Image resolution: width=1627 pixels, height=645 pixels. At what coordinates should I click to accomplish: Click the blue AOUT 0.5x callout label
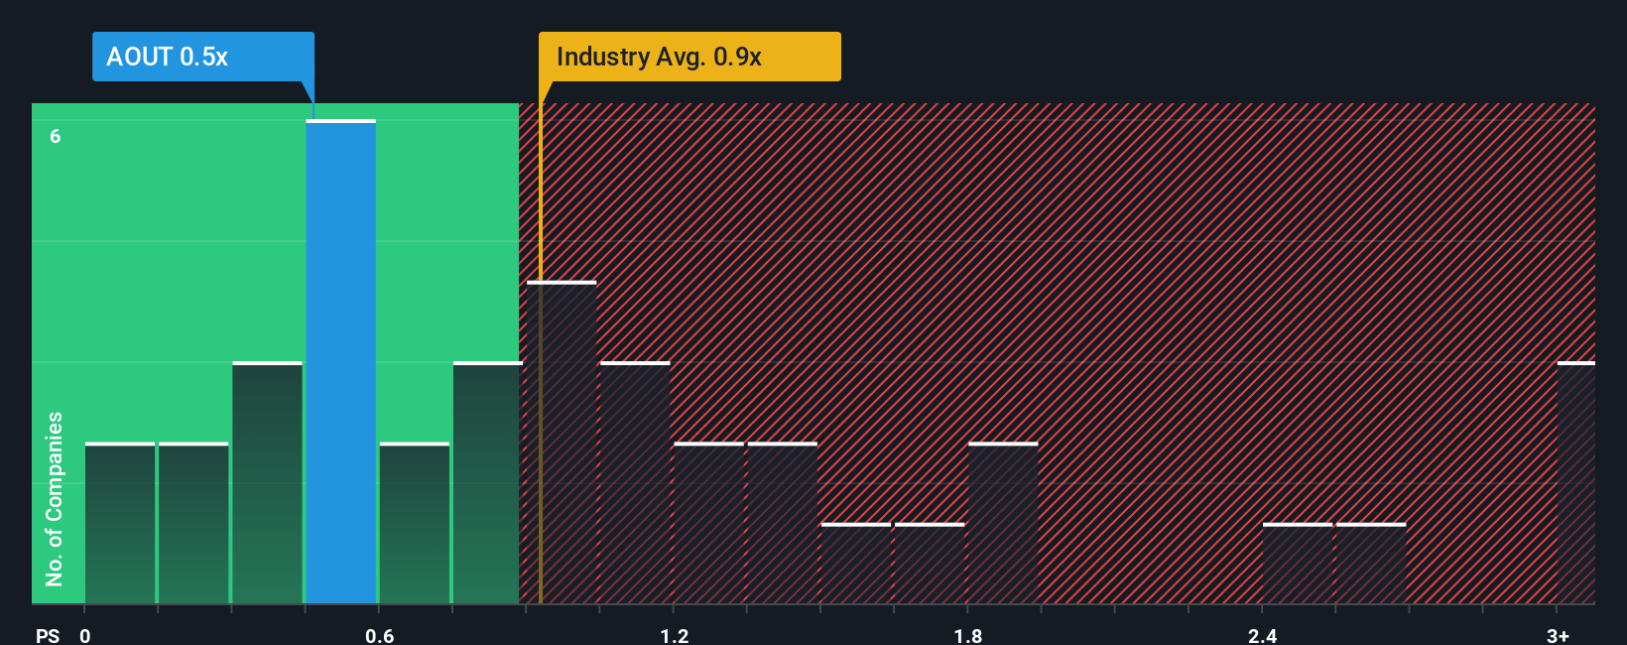pyautogui.click(x=202, y=57)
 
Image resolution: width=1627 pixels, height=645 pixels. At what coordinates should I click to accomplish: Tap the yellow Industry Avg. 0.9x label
pyautogui.click(x=688, y=57)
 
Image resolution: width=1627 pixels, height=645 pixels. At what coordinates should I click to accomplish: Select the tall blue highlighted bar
pyautogui.click(x=340, y=362)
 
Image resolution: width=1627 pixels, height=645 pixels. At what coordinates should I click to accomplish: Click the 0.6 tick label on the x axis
pyautogui.click(x=379, y=635)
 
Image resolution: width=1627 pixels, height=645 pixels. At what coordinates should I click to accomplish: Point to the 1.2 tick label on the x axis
pyautogui.click(x=674, y=635)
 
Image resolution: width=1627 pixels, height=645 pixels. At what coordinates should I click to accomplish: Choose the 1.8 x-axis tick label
pyautogui.click(x=967, y=635)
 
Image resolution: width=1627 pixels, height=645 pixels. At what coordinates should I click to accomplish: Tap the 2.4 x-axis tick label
pyautogui.click(x=1262, y=635)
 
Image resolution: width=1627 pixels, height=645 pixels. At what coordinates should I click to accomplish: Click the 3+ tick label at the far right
pyautogui.click(x=1558, y=635)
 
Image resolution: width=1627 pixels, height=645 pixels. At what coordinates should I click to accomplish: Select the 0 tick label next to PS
pyautogui.click(x=85, y=635)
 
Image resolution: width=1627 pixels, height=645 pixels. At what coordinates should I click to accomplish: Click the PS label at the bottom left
pyautogui.click(x=48, y=635)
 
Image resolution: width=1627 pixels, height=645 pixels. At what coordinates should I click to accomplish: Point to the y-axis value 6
pyautogui.click(x=56, y=136)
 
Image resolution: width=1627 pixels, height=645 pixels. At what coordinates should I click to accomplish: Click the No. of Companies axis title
pyautogui.click(x=55, y=498)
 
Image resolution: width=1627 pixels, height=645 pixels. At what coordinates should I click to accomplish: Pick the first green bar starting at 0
pyautogui.click(x=120, y=524)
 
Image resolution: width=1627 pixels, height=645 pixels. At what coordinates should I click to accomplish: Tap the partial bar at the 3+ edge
pyautogui.click(x=1575, y=483)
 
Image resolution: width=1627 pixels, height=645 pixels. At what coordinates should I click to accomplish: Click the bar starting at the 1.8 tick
pyautogui.click(x=1003, y=524)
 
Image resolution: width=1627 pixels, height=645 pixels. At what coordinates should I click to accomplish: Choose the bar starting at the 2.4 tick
pyautogui.click(x=1298, y=564)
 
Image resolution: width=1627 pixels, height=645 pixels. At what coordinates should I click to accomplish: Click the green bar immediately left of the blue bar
pyautogui.click(x=267, y=483)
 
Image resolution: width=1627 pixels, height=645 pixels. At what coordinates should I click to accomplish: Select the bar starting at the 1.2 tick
pyautogui.click(x=708, y=524)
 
